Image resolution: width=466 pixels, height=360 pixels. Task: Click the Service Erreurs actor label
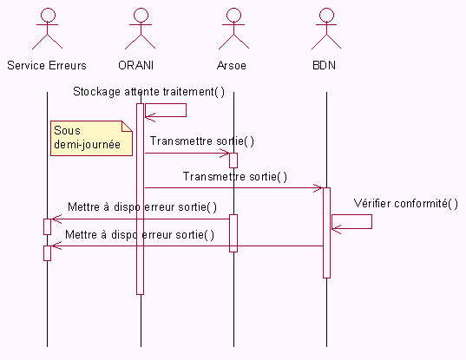pos(47,65)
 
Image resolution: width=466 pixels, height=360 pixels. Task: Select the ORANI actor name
pos(136,65)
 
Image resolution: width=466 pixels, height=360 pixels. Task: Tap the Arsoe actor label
pos(232,65)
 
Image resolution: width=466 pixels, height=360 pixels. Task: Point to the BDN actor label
pos(325,65)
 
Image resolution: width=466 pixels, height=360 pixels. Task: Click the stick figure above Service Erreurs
pos(47,29)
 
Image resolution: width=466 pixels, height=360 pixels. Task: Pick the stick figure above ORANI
pos(141,29)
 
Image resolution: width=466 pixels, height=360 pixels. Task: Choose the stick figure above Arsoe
pos(233,29)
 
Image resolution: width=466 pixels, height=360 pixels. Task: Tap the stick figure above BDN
pos(326,29)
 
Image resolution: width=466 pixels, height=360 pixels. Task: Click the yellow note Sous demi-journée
pos(91,138)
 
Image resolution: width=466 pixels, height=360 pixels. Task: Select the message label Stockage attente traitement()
pos(148,91)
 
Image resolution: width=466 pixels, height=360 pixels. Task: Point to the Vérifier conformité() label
pos(405,204)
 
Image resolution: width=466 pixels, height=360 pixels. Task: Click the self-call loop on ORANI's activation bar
pos(186,110)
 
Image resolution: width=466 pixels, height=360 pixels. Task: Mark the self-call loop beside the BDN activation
pos(371,221)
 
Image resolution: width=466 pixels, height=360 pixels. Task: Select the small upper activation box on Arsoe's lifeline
pos(233,160)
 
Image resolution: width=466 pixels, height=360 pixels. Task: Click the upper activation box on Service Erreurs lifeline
pos(47,226)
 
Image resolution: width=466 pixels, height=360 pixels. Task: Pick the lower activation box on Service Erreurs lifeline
pos(47,253)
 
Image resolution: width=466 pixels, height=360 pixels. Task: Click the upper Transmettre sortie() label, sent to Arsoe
pos(202,141)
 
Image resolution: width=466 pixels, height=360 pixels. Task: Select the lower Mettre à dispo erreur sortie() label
pos(140,235)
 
